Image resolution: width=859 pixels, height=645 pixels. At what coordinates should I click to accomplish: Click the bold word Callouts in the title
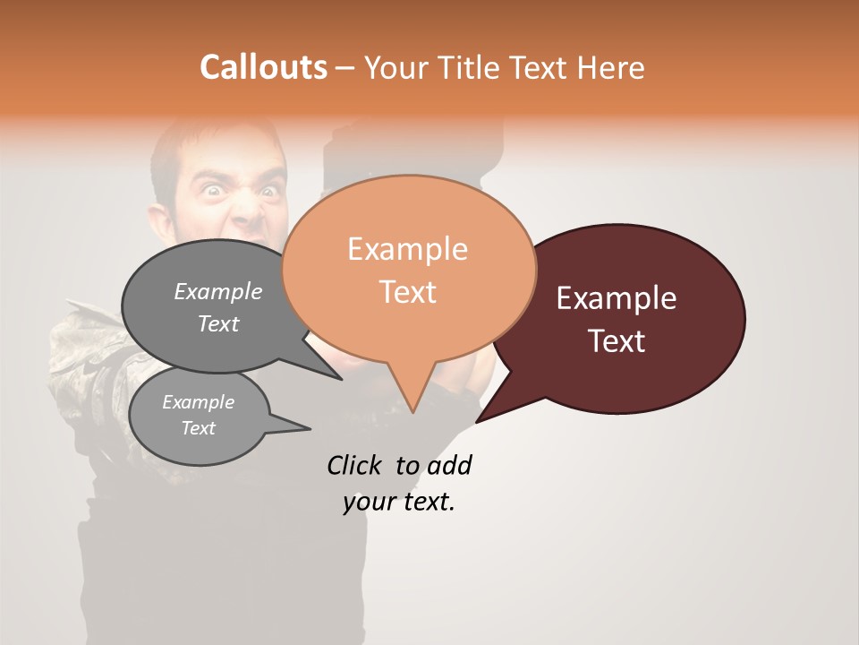[263, 67]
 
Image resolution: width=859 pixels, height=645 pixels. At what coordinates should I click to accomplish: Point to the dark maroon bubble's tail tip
[478, 421]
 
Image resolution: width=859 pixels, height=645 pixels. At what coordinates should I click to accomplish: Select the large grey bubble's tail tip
[340, 378]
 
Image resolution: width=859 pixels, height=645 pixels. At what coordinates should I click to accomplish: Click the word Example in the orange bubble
[407, 249]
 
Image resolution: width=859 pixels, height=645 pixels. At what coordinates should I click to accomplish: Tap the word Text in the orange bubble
[408, 292]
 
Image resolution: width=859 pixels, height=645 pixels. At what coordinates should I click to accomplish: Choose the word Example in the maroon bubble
[617, 298]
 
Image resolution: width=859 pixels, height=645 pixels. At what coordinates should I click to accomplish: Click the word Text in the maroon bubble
[617, 341]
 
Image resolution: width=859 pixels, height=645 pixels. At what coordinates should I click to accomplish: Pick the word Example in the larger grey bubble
[218, 292]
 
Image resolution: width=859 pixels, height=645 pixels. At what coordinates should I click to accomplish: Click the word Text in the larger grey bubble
[218, 324]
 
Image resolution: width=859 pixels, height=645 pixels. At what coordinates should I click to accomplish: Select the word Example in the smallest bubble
[198, 402]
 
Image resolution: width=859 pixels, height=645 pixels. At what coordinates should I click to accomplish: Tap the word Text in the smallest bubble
[199, 428]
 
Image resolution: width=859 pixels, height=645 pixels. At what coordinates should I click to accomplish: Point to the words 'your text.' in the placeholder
[399, 503]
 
